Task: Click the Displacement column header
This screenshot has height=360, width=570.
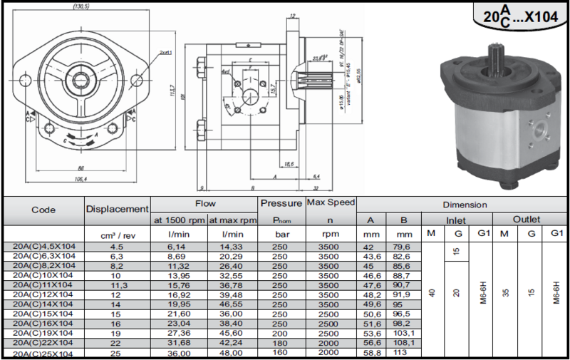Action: pos(117,209)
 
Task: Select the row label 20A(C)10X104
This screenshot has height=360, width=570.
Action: pos(44,274)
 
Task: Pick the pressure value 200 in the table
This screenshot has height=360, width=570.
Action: pos(281,333)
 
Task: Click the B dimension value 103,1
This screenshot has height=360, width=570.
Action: pos(404,333)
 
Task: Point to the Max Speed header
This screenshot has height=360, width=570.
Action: pos(331,204)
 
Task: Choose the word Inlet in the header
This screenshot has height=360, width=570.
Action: pos(456,220)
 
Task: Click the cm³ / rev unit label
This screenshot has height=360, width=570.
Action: pos(116,234)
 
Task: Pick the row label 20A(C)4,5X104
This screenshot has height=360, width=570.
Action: pos(44,247)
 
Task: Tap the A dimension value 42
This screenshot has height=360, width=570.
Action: pos(369,247)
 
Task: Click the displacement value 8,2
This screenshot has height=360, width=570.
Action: pos(117,265)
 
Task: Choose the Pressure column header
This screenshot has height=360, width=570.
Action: pos(281,204)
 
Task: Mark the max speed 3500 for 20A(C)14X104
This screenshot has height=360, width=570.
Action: pos(331,304)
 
